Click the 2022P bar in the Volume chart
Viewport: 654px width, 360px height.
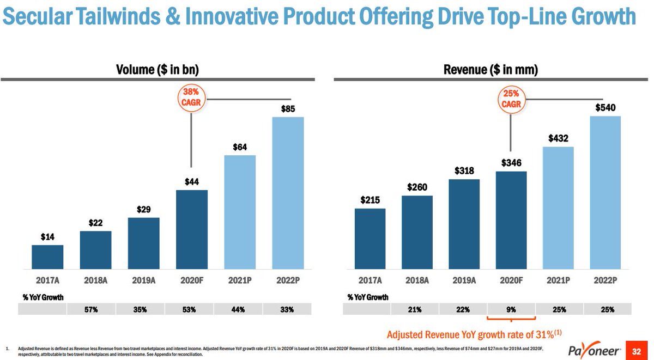[x=288, y=193]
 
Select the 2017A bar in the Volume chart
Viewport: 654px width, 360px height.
[x=47, y=257]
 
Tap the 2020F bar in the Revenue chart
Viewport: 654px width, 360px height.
[x=511, y=220]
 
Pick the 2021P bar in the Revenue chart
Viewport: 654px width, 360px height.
[x=559, y=208]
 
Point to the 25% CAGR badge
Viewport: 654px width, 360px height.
[x=511, y=98]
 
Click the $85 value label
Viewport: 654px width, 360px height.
[x=288, y=109]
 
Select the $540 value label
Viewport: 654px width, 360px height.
[x=605, y=108]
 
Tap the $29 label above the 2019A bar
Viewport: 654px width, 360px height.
[x=143, y=209]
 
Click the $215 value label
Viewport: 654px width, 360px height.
[x=370, y=200]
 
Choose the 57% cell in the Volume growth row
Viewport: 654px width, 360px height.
[x=91, y=309]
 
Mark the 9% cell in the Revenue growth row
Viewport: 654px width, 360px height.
[x=511, y=309]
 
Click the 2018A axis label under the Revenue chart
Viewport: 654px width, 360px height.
[x=417, y=281]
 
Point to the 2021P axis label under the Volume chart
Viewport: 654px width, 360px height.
[x=240, y=281]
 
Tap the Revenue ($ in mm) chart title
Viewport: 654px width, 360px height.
[x=491, y=69]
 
